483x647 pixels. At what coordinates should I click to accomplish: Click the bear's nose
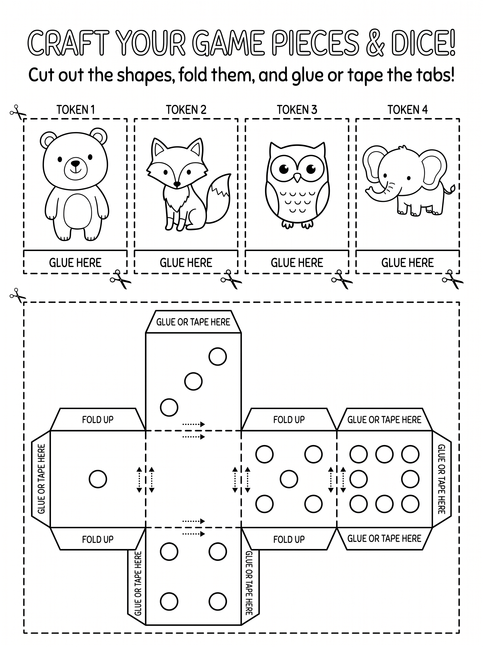point(75,163)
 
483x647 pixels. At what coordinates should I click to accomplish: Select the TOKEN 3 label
point(297,110)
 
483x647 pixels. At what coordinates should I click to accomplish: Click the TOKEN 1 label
point(76,110)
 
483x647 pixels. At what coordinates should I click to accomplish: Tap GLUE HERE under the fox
point(186,263)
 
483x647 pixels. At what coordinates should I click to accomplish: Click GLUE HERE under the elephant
point(408,263)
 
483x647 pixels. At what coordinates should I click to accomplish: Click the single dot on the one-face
point(98,479)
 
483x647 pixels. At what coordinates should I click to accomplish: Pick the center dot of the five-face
point(289,479)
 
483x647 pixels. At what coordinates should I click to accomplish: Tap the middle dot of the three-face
point(193,381)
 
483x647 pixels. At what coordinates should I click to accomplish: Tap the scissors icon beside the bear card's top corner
point(18,112)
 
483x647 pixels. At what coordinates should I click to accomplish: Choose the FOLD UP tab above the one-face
point(98,419)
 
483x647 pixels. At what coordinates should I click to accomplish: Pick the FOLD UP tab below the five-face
point(289,539)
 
